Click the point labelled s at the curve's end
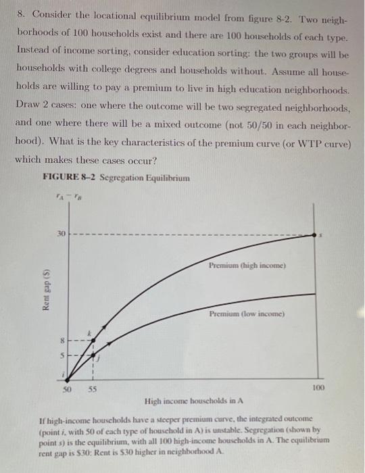point(315,234)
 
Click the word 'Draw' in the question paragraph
point(28,109)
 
